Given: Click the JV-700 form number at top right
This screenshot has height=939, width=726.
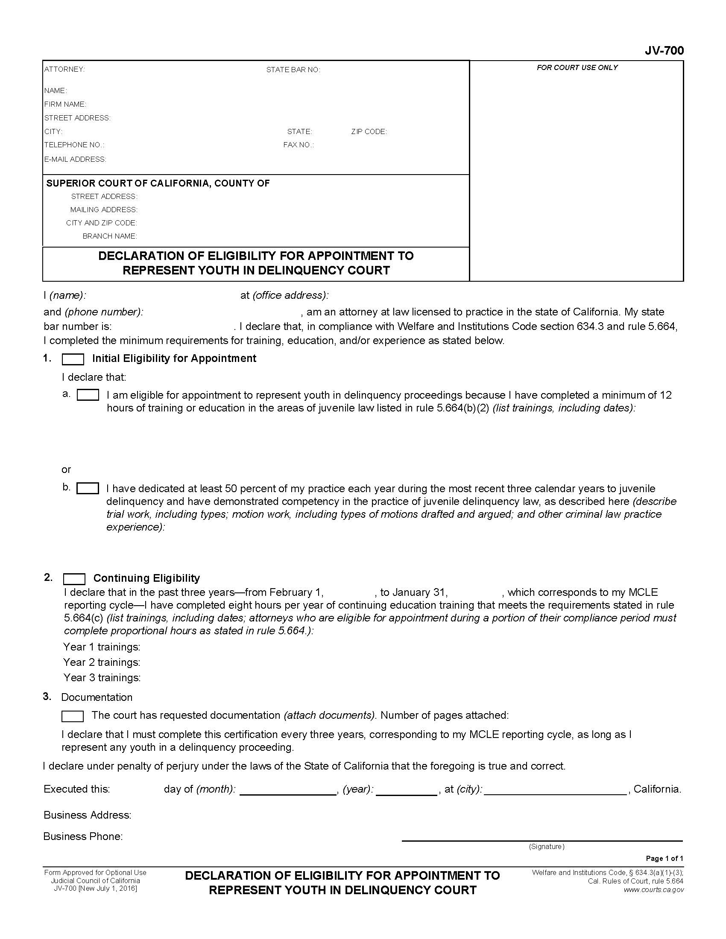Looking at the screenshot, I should pos(664,51).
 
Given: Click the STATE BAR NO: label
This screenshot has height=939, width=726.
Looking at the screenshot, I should pos(293,70).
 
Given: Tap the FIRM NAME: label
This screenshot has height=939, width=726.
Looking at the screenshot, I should pos(65,104).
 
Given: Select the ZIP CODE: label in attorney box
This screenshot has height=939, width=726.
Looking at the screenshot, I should pos(369,131).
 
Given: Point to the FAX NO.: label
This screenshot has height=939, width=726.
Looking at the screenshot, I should pos(298,145).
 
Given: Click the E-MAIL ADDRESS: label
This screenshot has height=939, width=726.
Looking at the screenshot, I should pos(75,159).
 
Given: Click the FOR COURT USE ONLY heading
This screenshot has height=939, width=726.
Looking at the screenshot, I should pos(577,67).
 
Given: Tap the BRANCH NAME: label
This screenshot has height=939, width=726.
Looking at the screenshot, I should pos(109,236).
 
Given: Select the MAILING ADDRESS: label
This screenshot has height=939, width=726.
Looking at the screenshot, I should pos(104,210).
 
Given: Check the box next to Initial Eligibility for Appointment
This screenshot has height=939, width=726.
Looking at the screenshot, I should pos(73,359).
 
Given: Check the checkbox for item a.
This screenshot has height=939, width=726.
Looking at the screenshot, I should pos(88,395).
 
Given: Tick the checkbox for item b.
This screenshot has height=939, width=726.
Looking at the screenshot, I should pos(88,488).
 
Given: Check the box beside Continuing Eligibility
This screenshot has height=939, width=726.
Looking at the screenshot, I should pos(74,579).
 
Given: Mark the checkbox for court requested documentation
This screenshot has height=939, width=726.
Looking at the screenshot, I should pos(72,716).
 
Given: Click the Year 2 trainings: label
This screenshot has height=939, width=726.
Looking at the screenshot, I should pos(102,662).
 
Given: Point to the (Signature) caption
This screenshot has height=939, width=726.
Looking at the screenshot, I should pos(546,846).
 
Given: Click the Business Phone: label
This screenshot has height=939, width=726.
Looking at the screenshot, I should pos(83,836).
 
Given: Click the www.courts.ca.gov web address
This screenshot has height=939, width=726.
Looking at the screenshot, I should pos(653,890).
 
